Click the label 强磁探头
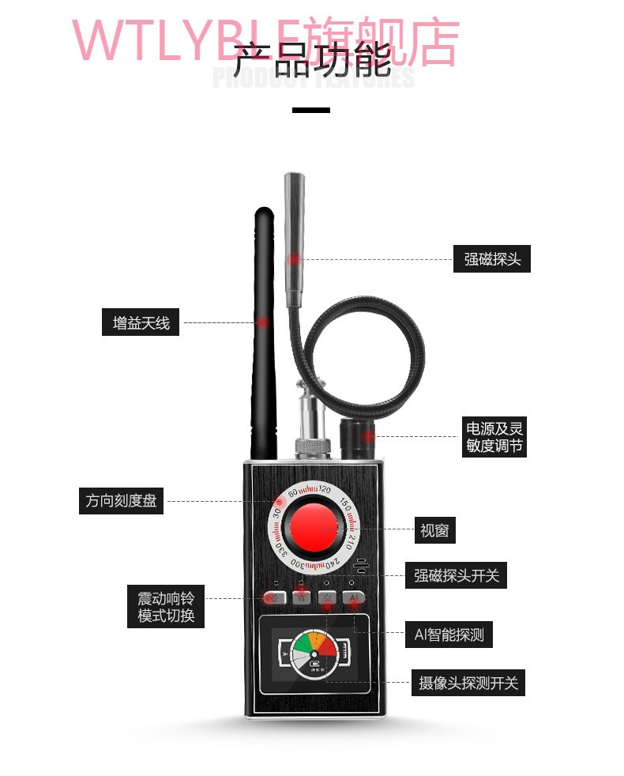(x=491, y=259)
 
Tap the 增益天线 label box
(x=141, y=323)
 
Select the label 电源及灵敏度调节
(x=494, y=437)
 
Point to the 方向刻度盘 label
(x=121, y=501)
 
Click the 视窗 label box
(x=434, y=530)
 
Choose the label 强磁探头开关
(x=457, y=575)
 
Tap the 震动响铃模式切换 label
(x=166, y=606)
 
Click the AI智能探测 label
(x=449, y=635)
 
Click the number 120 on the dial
(x=325, y=490)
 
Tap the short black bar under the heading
(x=311, y=110)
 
